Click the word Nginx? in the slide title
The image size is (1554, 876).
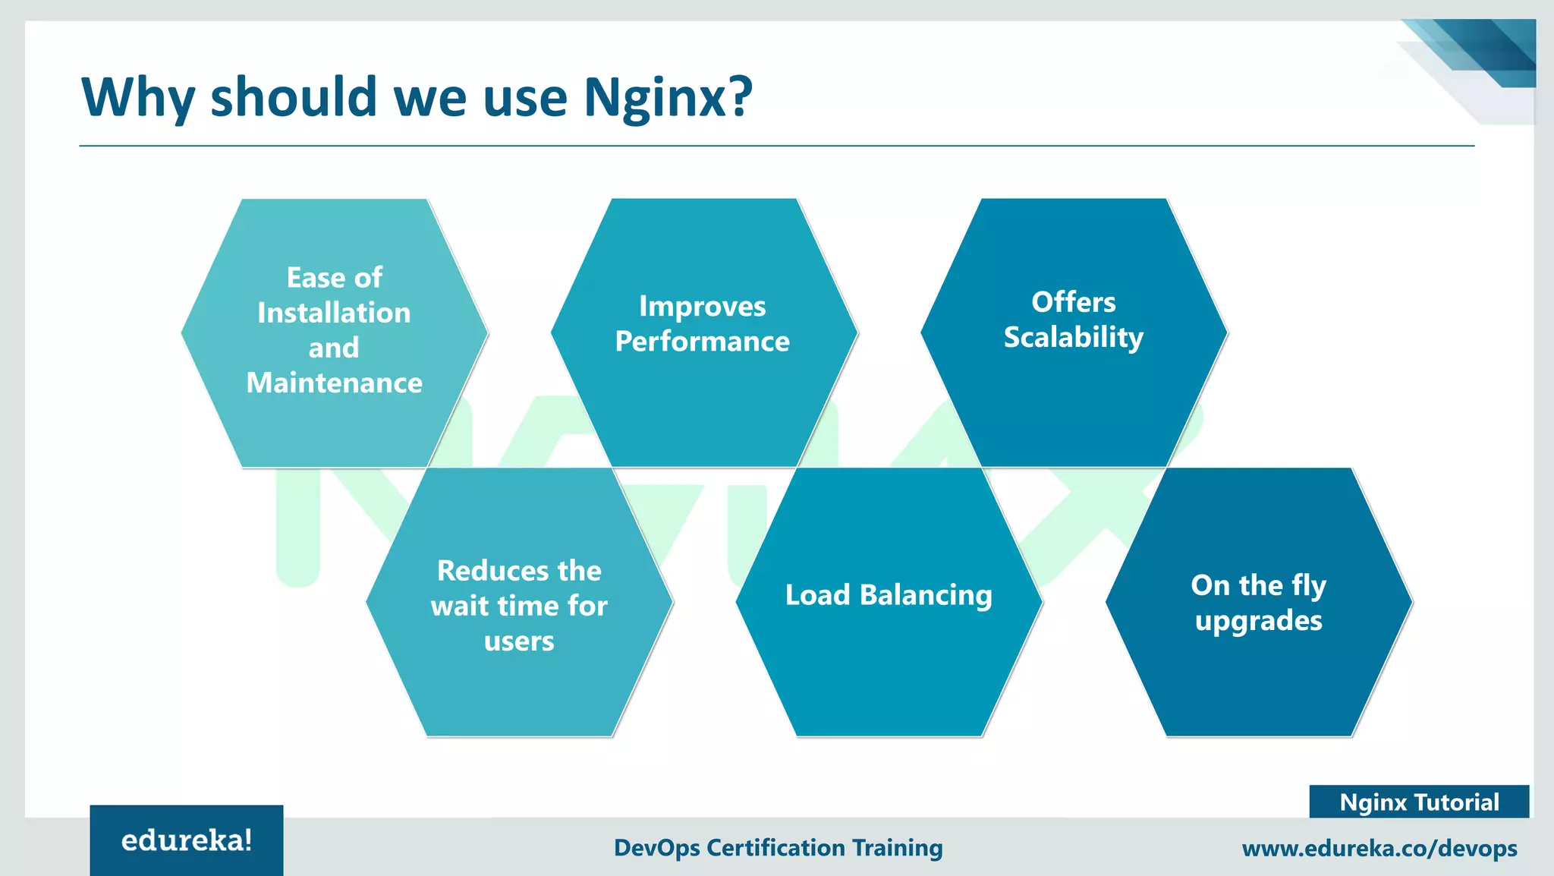(x=668, y=99)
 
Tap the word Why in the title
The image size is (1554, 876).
(x=137, y=99)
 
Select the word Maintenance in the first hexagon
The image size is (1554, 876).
(x=334, y=383)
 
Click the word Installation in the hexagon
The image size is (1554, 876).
(x=334, y=313)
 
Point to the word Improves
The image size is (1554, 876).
(x=702, y=306)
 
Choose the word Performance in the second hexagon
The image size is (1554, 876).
(x=702, y=342)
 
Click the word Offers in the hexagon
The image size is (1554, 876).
(x=1073, y=302)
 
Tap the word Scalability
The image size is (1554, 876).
(x=1073, y=338)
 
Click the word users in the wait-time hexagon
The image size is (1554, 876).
(x=519, y=641)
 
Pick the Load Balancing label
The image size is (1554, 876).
(x=889, y=595)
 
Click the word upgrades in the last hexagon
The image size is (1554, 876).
(x=1258, y=621)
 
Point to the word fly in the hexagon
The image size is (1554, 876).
(x=1308, y=586)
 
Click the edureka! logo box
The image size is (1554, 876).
(x=187, y=840)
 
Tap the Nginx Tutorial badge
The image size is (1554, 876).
(x=1419, y=802)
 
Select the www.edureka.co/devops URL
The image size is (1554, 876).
(x=1379, y=848)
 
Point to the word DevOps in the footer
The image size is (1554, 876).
(x=656, y=847)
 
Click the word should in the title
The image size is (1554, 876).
(x=293, y=99)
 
